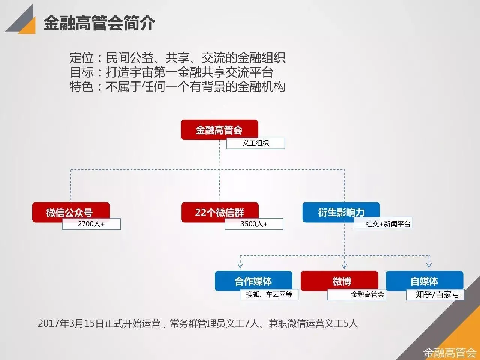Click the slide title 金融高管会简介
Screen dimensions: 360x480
point(99,23)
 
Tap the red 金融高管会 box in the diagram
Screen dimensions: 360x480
point(219,129)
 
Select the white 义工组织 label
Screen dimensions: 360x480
point(255,143)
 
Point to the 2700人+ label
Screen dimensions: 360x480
point(91,224)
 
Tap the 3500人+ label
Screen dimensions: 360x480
point(254,224)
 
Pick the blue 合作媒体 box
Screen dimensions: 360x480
point(253,280)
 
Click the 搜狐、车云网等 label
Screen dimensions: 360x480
point(269,294)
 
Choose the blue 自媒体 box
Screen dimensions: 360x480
point(424,280)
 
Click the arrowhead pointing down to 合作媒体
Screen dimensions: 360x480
point(240,265)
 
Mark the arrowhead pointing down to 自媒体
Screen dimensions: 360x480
point(429,265)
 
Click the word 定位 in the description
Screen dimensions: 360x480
point(81,58)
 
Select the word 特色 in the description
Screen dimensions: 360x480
point(81,87)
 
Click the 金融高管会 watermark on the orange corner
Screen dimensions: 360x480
point(450,353)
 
